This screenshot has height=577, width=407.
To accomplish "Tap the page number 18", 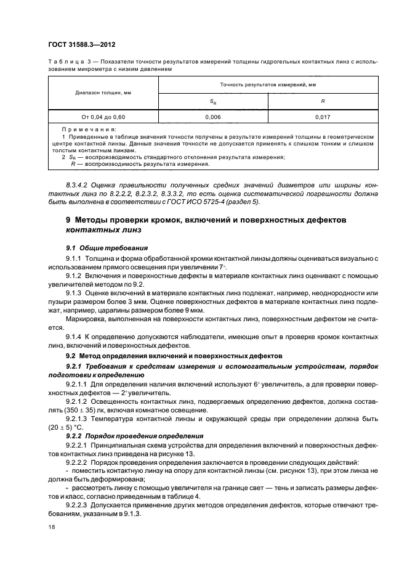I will [51, 527].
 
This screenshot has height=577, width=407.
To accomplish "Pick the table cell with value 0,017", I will [320, 116].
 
